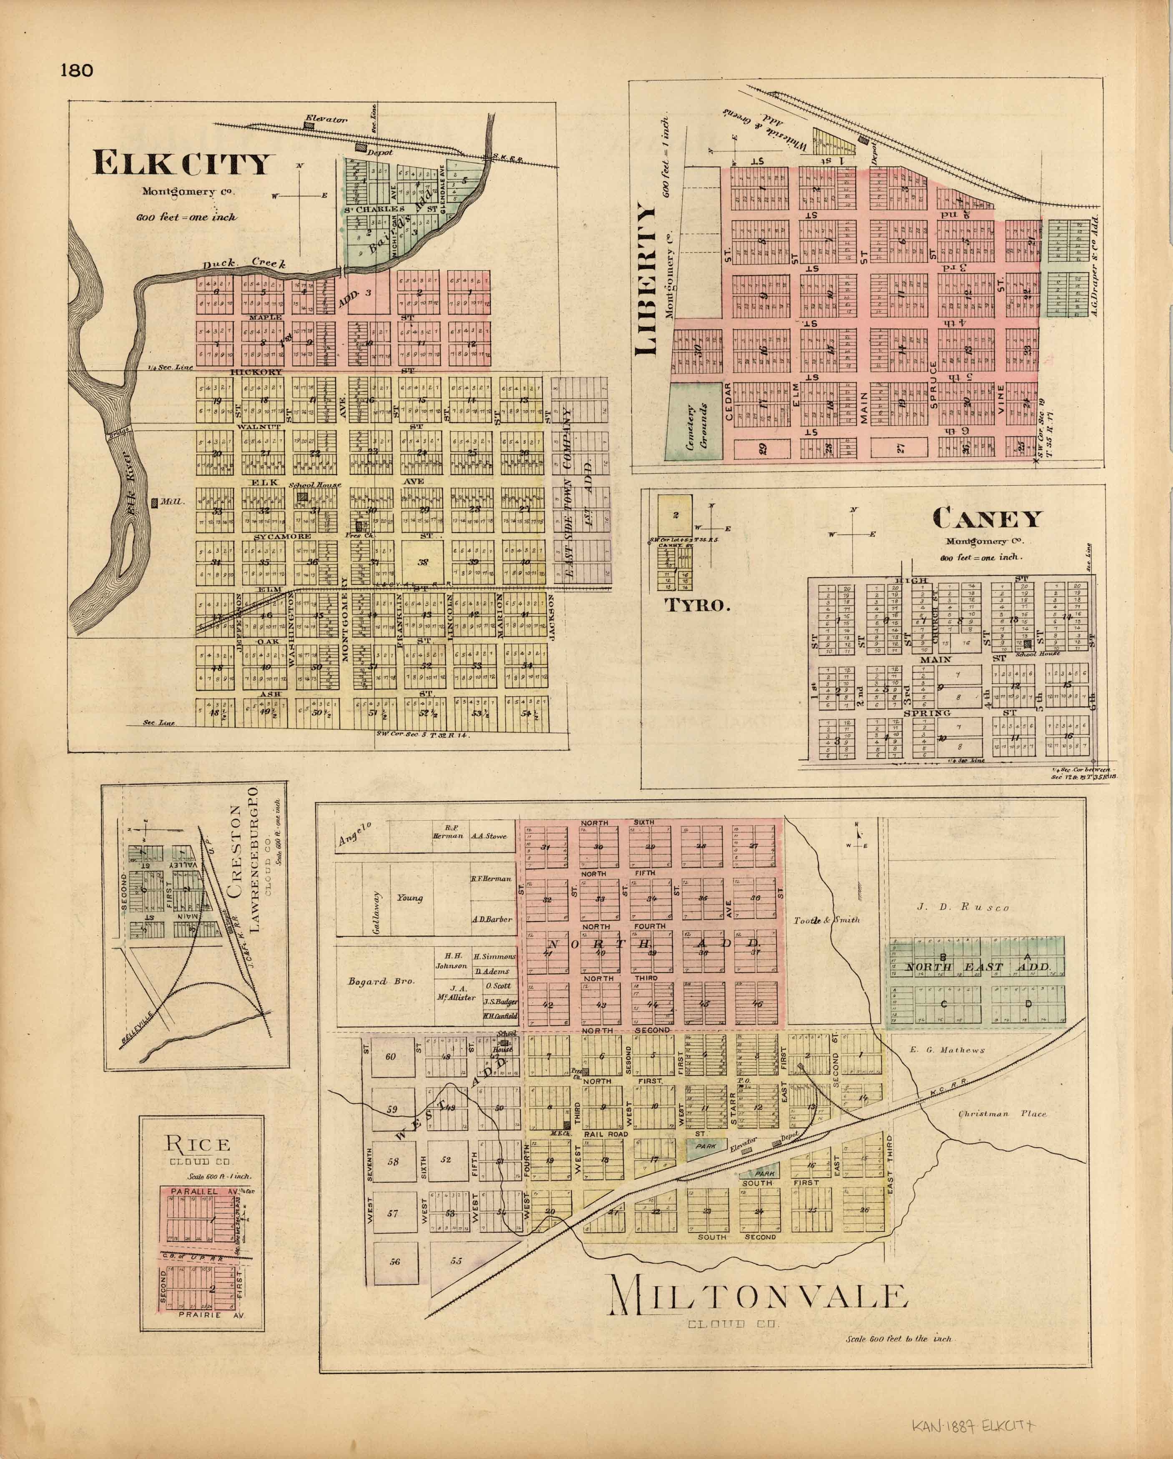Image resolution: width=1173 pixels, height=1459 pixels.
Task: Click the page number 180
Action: tap(76, 70)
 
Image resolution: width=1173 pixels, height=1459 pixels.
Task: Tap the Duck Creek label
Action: tap(246, 263)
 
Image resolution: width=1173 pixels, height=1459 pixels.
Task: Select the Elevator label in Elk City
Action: tap(326, 119)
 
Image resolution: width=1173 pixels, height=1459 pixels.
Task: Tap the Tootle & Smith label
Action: tap(826, 920)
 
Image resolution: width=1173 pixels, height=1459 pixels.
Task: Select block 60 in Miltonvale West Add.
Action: tap(391, 1056)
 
